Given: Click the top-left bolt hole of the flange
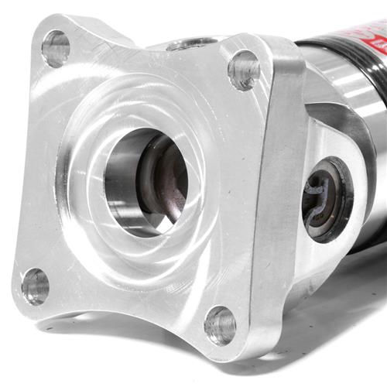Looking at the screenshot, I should [x=55, y=49].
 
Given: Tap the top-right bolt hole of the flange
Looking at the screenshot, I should [x=244, y=70].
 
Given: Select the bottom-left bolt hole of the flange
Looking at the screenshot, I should [x=35, y=286].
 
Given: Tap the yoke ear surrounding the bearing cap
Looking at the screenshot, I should [x=341, y=139].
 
